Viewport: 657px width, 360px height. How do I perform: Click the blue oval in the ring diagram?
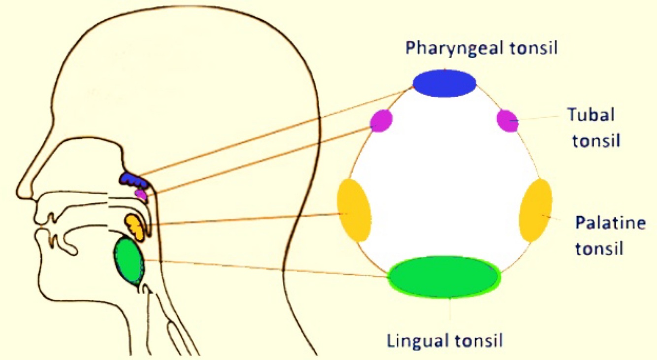444,83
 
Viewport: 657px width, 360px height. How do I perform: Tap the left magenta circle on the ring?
381,121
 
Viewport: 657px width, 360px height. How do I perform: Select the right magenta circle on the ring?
507,121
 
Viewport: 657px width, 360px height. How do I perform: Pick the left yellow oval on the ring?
354,210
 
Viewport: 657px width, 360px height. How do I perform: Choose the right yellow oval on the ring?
535,210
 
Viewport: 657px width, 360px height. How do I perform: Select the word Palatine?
610,223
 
